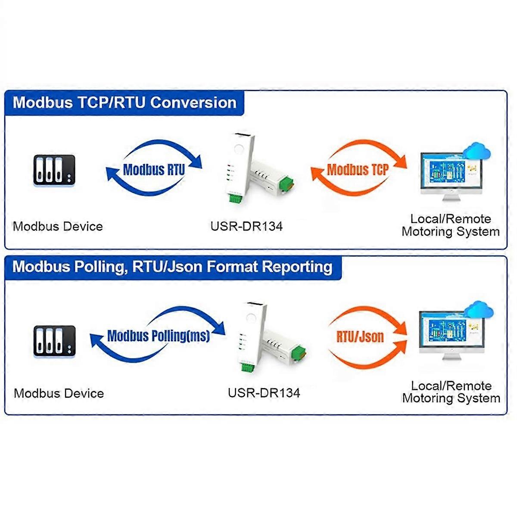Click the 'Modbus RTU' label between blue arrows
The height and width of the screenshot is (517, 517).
(154, 169)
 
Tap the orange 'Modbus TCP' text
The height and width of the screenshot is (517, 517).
(358, 169)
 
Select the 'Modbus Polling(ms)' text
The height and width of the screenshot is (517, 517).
(158, 336)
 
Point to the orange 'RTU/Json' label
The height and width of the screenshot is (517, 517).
(360, 336)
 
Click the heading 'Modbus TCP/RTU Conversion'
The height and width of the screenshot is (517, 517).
(125, 103)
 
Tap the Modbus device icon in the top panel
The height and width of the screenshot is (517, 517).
(54, 171)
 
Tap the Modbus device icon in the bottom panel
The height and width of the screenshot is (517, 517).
(55, 341)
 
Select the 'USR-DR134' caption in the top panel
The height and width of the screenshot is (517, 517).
(246, 226)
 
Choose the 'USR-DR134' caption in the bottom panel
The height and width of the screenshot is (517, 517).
(264, 393)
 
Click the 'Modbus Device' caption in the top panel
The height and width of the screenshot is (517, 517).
(58, 227)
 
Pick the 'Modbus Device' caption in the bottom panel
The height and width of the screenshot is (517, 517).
(59, 393)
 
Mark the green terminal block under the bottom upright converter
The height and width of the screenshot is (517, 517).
(248, 368)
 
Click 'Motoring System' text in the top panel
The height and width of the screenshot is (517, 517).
(451, 232)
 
